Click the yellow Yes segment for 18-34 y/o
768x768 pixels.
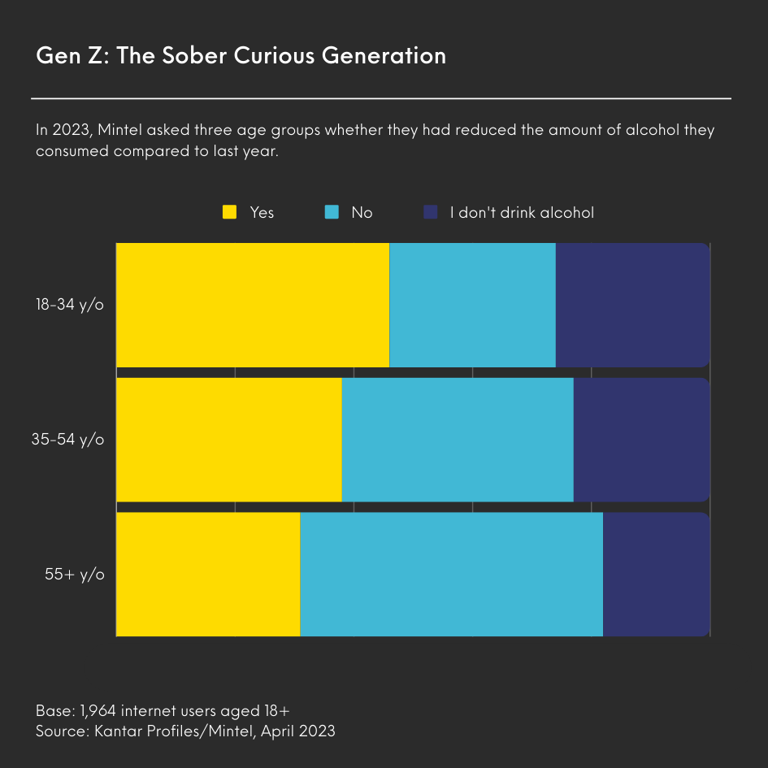click(x=253, y=305)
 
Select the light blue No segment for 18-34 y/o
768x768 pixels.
click(x=472, y=305)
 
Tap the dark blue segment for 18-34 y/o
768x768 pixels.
click(x=632, y=305)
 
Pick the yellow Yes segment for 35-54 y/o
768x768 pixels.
click(x=228, y=439)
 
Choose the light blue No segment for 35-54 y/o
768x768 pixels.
click(x=458, y=439)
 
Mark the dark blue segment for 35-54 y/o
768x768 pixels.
click(x=641, y=439)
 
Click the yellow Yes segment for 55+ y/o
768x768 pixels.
click(x=208, y=574)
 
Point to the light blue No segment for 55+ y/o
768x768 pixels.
click(x=451, y=574)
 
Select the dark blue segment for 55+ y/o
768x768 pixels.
click(x=656, y=574)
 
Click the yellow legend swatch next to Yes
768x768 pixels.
click(x=230, y=212)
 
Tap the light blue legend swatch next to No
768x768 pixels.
click(x=332, y=212)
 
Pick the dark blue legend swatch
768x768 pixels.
click(x=431, y=212)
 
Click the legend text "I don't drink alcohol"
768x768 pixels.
click(x=522, y=212)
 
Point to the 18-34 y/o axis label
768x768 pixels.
click(x=71, y=305)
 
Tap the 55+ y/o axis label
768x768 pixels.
click(x=75, y=575)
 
